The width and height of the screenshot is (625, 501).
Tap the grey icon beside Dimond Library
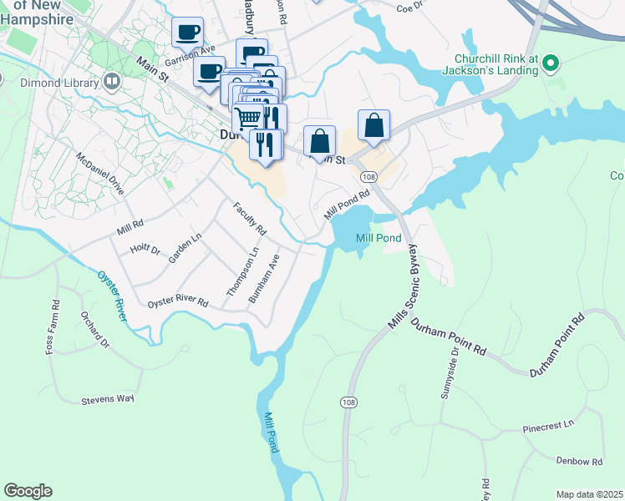[x=111, y=81]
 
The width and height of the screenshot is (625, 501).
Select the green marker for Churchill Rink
[x=550, y=63]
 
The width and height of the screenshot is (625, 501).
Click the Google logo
[x=28, y=491]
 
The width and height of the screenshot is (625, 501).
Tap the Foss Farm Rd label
[x=53, y=326]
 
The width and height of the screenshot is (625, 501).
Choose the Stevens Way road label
[x=108, y=399]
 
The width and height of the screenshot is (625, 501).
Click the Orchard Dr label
[x=94, y=330]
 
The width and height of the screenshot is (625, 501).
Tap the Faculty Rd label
[x=249, y=219]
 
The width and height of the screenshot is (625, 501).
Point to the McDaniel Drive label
[x=99, y=174]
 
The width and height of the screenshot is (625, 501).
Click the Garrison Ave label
[x=190, y=55]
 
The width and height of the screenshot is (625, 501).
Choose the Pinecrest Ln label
[x=548, y=427]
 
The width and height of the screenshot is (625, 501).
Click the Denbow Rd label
[x=579, y=461]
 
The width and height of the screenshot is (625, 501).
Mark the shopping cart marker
[x=247, y=118]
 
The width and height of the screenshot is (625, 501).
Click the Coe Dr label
[x=410, y=8]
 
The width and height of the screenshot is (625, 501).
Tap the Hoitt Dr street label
[x=145, y=249]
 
